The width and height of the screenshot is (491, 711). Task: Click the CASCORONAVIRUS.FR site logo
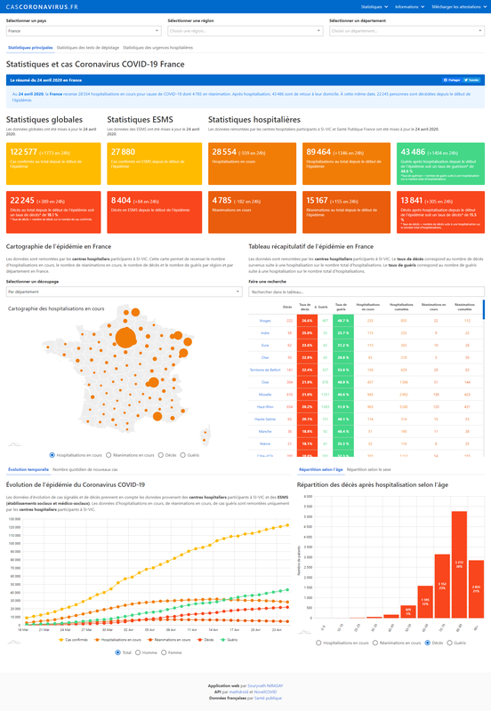tap(42, 6)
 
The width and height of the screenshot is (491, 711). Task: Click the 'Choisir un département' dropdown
tap(406, 31)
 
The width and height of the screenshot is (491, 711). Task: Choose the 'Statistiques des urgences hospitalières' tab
tap(157, 47)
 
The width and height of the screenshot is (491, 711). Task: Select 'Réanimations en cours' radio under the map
tap(113, 454)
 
